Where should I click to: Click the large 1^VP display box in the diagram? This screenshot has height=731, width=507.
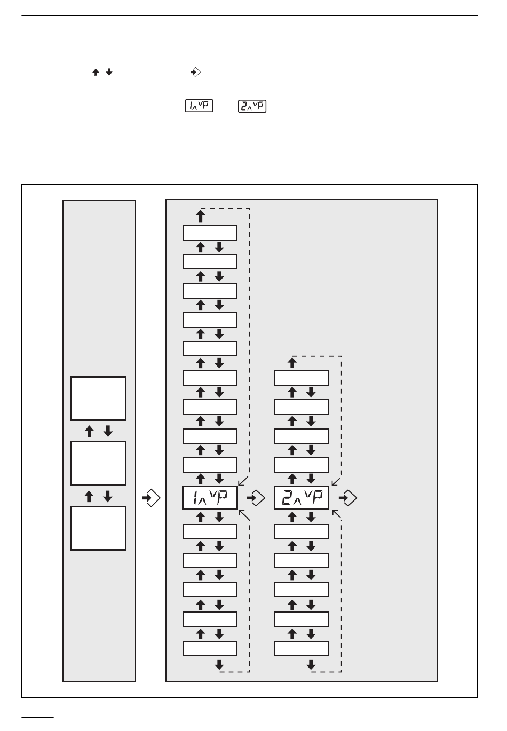click(210, 498)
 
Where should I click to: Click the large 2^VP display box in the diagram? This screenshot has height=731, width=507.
click(302, 498)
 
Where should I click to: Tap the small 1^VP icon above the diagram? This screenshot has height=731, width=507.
click(199, 106)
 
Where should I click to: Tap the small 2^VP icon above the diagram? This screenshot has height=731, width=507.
click(252, 106)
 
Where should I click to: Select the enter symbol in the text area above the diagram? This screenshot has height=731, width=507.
click(195, 73)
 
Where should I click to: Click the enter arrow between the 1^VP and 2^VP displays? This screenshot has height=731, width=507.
click(256, 498)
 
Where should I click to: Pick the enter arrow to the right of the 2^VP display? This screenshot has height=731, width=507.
click(347, 498)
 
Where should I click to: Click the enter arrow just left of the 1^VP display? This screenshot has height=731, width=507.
click(151, 498)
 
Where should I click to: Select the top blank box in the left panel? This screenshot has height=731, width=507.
click(98, 399)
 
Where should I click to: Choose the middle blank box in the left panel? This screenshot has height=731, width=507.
click(98, 463)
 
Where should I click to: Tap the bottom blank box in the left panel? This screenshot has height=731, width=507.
click(98, 528)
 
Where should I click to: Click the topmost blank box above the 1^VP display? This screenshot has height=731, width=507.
click(210, 233)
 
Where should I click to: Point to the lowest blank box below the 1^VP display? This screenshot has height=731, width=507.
click(210, 648)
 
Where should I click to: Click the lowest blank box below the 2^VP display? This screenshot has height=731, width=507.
click(302, 648)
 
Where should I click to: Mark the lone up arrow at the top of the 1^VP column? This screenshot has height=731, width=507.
click(201, 216)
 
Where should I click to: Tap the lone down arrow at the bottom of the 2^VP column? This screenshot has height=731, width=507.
click(311, 665)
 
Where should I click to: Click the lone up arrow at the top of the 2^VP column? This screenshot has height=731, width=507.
click(292, 363)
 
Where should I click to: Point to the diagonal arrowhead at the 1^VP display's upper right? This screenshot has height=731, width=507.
click(241, 482)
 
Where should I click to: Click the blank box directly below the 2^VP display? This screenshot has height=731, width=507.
click(302, 532)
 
